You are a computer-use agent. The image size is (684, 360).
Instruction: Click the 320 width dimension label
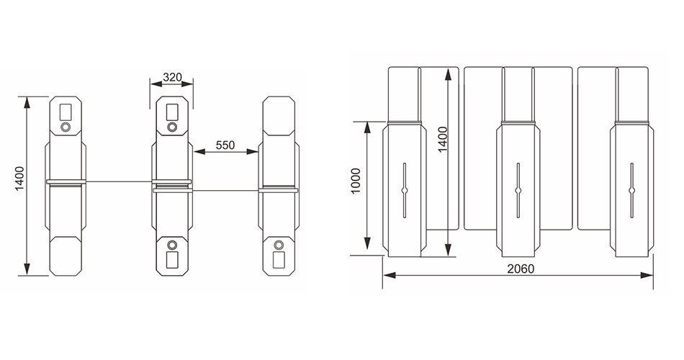coord(172,77)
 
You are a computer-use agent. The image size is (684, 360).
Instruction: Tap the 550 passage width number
coord(225,145)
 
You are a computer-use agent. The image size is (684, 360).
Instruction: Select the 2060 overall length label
coord(521,269)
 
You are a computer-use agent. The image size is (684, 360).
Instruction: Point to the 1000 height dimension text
coord(356,181)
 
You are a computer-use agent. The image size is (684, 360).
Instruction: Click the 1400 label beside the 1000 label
coord(443,140)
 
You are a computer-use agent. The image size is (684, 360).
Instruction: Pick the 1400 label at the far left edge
coord(19,179)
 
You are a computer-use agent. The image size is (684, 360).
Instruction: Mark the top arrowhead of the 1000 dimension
coord(367,127)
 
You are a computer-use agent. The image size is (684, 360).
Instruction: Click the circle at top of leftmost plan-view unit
coord(66,127)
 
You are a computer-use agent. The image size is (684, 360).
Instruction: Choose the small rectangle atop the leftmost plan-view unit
coord(66,112)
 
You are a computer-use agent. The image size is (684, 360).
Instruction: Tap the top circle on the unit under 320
coord(172,127)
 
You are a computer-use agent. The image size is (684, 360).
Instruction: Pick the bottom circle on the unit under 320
coord(172,245)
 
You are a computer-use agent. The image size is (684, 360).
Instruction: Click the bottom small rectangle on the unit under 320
coord(172,260)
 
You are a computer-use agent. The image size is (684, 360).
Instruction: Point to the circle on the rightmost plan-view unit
coord(279,245)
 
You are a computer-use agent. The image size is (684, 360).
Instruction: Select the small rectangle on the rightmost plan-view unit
coord(279,260)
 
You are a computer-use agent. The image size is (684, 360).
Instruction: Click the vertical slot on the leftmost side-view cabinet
coord(405,190)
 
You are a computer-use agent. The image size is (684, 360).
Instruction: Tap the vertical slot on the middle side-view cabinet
coord(518,190)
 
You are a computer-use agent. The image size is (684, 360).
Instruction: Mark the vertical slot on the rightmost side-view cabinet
coord(631,190)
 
